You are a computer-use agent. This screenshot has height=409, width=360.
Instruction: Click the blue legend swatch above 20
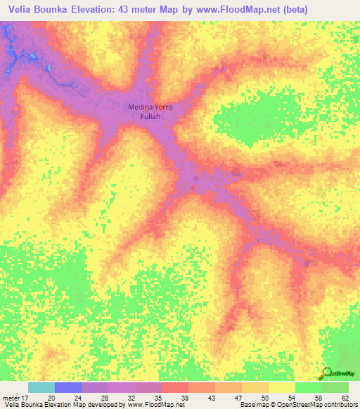68,387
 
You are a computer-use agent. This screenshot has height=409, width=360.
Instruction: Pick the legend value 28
105,397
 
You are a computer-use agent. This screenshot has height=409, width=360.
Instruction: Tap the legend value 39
185,397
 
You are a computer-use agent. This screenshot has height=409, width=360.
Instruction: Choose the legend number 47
238,397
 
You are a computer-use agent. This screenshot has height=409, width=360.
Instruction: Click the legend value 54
291,397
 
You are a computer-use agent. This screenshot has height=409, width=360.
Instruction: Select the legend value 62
345,397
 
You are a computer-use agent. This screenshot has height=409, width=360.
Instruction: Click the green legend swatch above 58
308,387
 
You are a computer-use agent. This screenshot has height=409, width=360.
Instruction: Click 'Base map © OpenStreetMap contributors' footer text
297,405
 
